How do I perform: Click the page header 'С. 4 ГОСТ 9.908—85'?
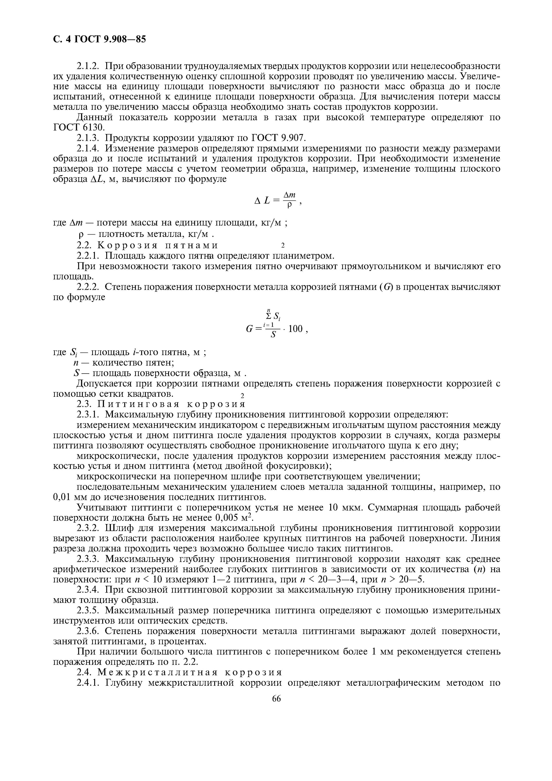[99, 40]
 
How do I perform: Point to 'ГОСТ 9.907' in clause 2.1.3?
[279, 138]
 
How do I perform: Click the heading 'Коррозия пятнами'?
[158, 245]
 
